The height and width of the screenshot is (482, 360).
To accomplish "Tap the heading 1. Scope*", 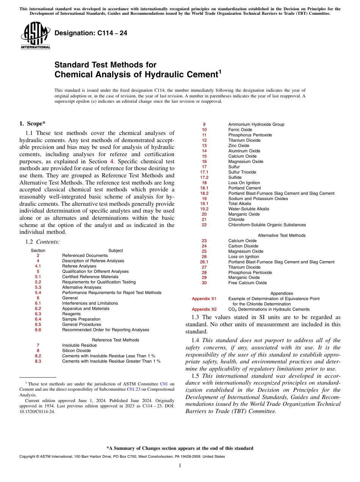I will [33, 124].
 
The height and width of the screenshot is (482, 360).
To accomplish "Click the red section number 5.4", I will [38, 293].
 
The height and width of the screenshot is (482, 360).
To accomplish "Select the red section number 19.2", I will [204, 209].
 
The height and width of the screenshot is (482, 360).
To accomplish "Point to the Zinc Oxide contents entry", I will [238, 146].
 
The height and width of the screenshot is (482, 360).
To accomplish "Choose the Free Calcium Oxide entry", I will [247, 283].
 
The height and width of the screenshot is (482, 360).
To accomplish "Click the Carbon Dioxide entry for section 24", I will [243, 246].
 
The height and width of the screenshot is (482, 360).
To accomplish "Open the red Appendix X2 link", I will [204, 309].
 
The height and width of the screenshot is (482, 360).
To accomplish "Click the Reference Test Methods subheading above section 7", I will [116, 340].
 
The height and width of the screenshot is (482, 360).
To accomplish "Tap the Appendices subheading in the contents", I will [282, 293].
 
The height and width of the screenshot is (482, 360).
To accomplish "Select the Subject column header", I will [116, 250].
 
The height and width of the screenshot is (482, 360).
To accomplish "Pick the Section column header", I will [38, 250].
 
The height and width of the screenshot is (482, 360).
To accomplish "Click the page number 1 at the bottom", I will [180, 466].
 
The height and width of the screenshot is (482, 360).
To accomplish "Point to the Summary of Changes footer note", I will [180, 448].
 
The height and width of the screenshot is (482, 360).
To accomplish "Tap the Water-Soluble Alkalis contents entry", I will [249, 209].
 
